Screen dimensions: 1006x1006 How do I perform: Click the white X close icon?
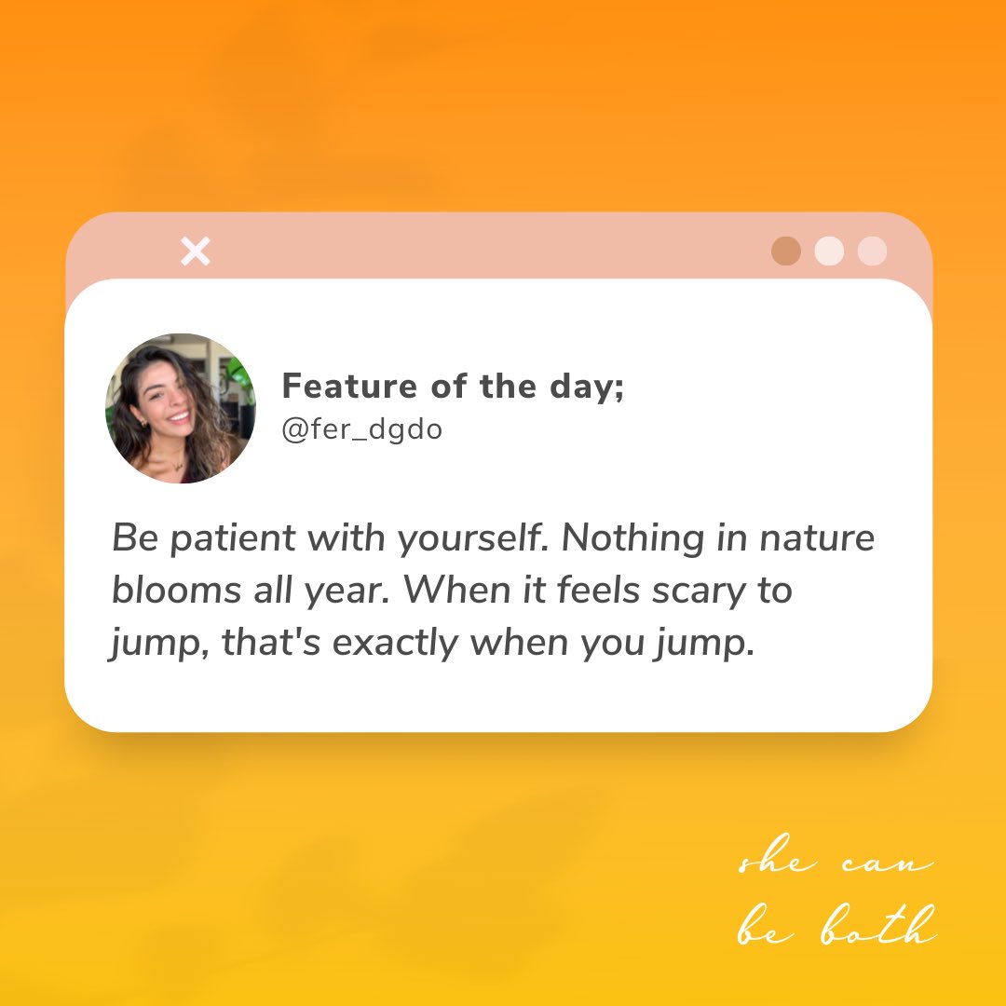pyautogui.click(x=196, y=251)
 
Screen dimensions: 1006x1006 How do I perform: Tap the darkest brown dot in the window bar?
pyautogui.click(x=786, y=251)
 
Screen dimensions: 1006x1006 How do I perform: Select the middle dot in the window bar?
pyautogui.click(x=829, y=251)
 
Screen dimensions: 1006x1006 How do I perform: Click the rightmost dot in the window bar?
pyautogui.click(x=872, y=251)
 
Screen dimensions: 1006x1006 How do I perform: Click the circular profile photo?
pyautogui.click(x=181, y=408)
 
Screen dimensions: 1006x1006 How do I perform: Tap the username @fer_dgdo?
pyautogui.click(x=362, y=431)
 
